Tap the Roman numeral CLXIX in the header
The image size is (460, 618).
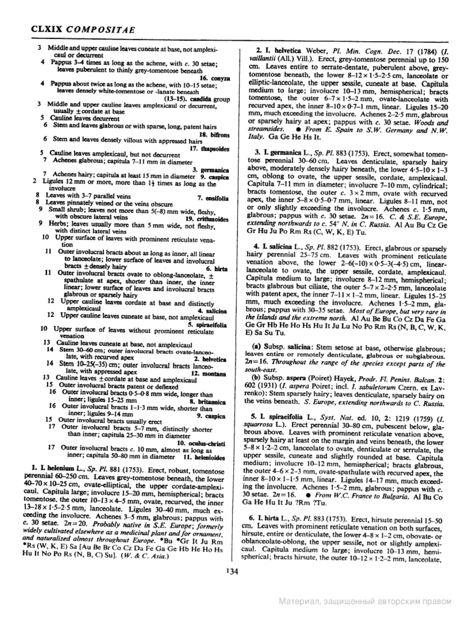pos(47,30)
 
